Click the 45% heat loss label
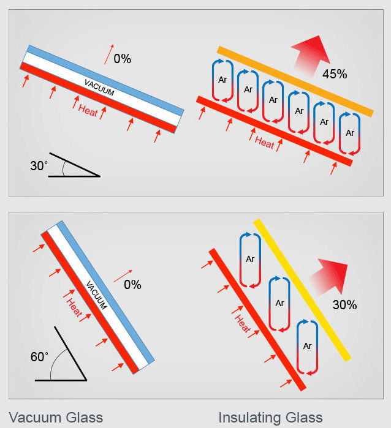click(335, 74)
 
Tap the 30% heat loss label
click(345, 305)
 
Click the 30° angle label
click(39, 166)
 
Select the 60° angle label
click(39, 357)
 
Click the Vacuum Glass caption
click(56, 418)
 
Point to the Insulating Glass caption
click(270, 418)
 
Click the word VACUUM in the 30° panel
click(99, 88)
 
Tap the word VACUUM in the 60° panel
click(96, 295)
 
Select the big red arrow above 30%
click(330, 277)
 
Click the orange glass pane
click(295, 81)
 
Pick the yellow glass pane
click(302, 290)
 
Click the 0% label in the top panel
click(123, 59)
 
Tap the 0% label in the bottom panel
click(132, 285)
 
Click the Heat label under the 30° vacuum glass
click(88, 111)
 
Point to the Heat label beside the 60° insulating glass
click(242, 324)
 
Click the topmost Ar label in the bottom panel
click(250, 259)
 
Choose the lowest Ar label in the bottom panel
click(307, 346)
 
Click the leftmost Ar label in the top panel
click(222, 80)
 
